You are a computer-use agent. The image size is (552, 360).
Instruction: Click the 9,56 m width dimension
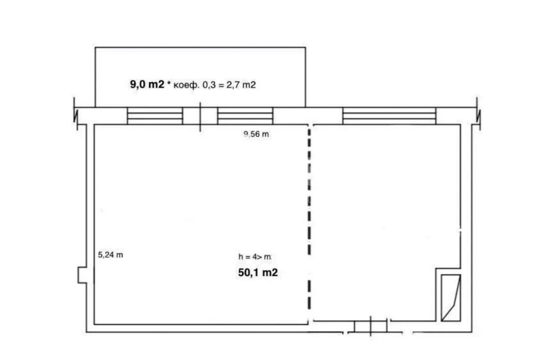[256, 134]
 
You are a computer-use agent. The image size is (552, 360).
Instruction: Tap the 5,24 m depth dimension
[110, 255]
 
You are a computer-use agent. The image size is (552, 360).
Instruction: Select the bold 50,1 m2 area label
[258, 273]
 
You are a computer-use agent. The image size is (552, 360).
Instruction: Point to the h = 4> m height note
[255, 257]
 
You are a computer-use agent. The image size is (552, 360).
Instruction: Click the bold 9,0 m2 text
[147, 85]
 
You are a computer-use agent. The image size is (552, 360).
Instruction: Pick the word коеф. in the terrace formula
[186, 85]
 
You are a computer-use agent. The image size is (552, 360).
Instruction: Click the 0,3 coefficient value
[209, 85]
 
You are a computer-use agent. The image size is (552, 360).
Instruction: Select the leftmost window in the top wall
[155, 116]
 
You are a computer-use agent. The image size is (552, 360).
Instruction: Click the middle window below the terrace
[245, 116]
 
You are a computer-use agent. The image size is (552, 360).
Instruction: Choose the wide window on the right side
[389, 116]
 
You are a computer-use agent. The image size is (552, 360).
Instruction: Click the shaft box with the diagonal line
[451, 298]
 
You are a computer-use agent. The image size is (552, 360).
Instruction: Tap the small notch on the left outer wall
[82, 275]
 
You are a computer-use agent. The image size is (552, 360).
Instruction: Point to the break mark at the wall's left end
[75, 114]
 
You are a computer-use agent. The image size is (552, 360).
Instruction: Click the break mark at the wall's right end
[478, 114]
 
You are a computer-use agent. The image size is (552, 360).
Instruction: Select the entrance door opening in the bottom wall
[371, 326]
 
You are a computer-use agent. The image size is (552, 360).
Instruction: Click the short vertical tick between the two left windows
[200, 117]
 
